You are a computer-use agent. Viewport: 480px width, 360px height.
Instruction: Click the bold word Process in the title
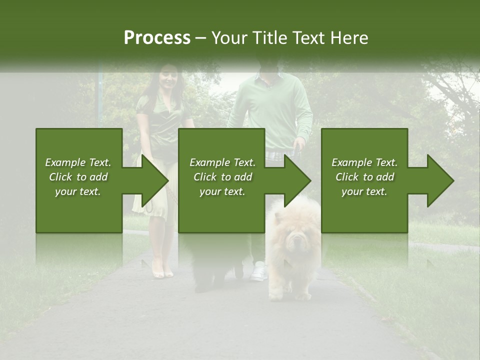tap(157, 38)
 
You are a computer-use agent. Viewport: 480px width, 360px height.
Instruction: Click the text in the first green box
tap(78, 177)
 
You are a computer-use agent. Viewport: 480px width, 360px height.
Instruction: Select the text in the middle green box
tap(222, 177)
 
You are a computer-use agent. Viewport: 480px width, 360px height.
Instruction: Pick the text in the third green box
tap(364, 177)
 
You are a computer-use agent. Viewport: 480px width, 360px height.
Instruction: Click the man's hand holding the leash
tap(299, 145)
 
